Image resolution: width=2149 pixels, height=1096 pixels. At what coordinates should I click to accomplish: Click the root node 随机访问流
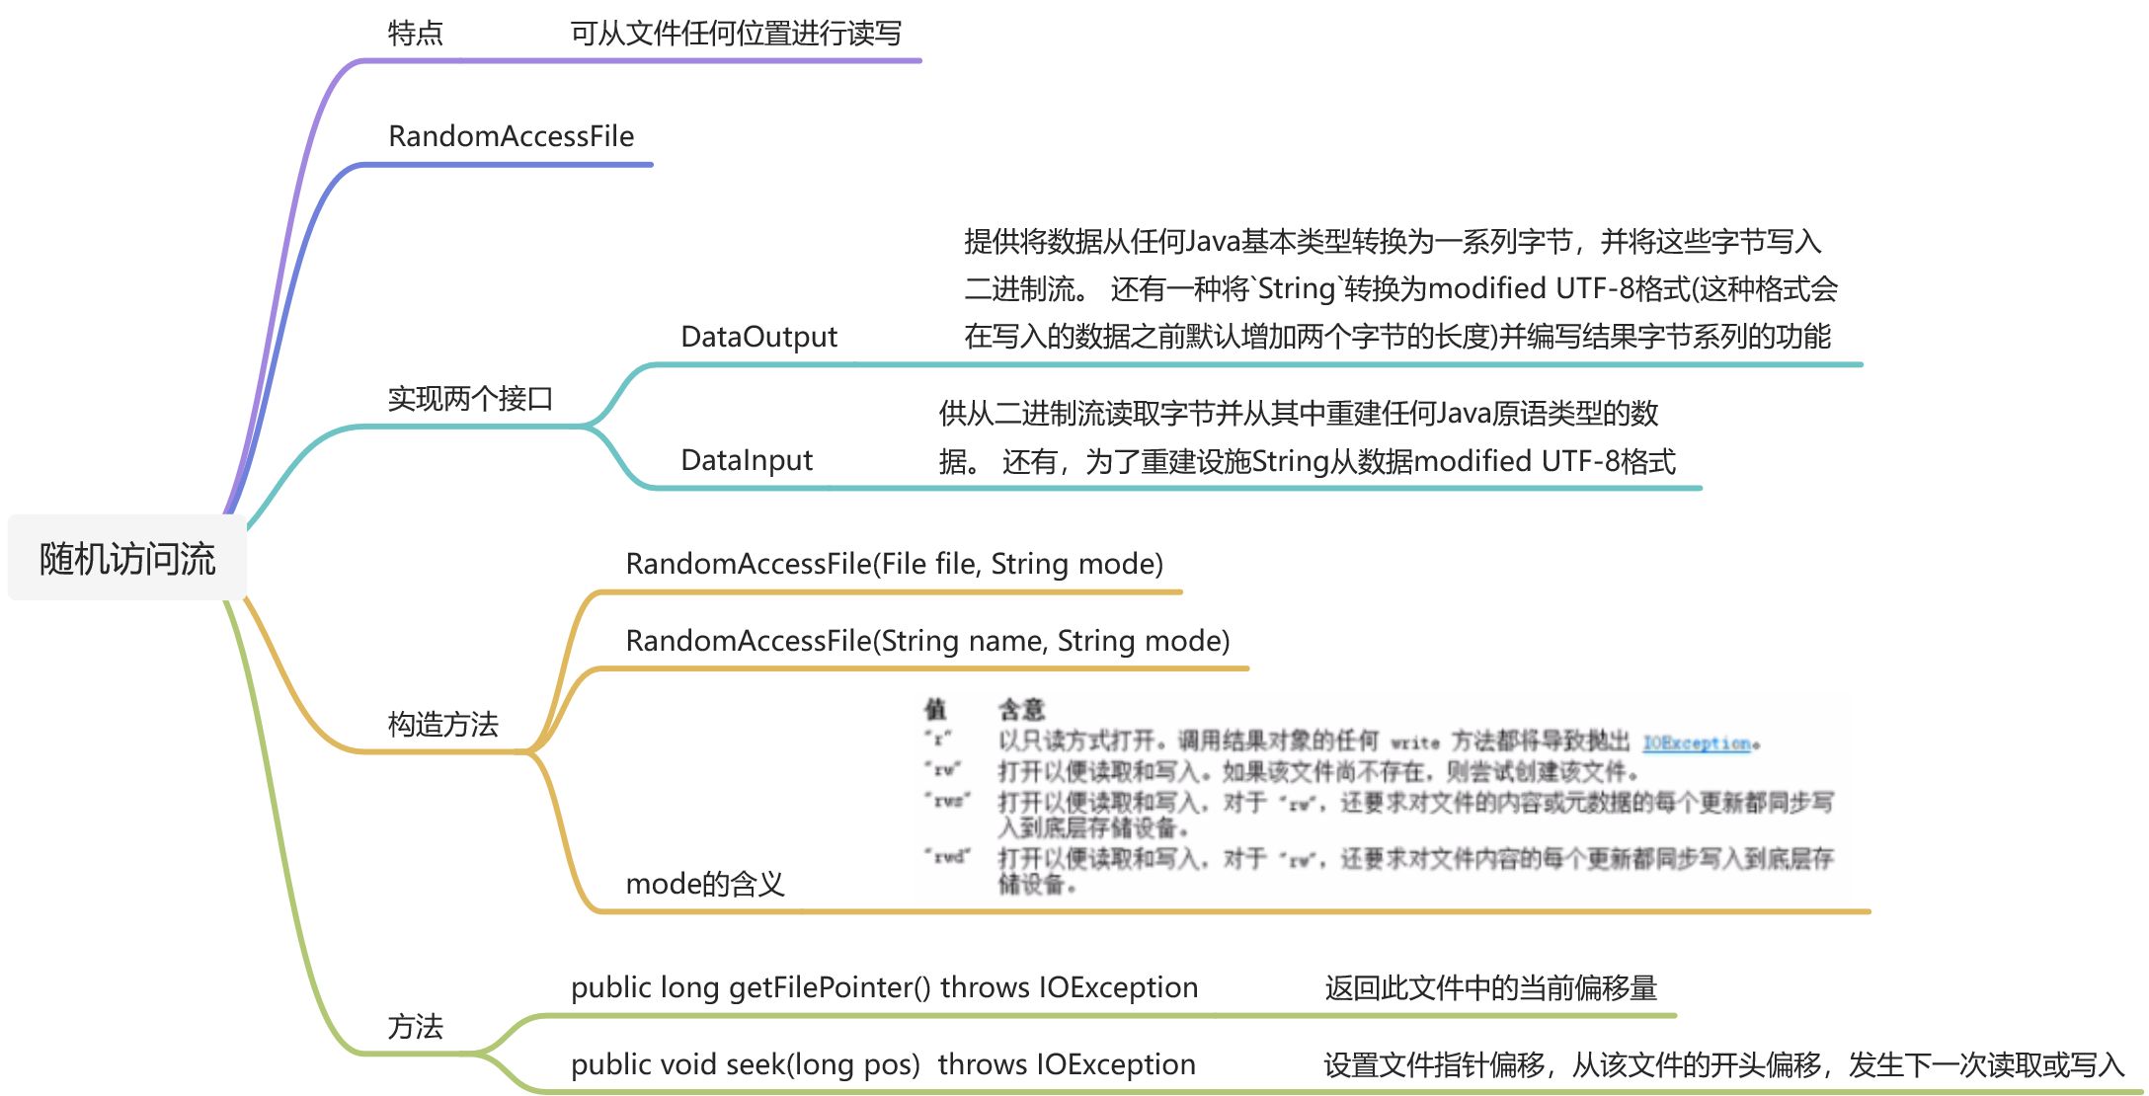(127, 559)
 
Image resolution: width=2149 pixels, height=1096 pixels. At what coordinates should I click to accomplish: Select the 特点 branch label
(415, 34)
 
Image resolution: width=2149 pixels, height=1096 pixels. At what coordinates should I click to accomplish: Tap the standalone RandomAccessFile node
(511, 136)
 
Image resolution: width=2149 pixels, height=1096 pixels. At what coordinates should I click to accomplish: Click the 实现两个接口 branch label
(469, 399)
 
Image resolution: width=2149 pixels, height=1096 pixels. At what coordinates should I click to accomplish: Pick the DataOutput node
(758, 337)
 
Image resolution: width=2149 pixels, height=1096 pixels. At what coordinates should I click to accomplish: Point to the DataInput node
(747, 460)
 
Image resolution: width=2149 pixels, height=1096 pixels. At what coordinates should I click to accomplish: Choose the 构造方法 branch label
(442, 725)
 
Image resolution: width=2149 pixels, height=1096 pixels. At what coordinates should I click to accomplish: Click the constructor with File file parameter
(894, 564)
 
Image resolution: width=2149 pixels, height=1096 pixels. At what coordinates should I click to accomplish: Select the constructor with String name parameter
(927, 641)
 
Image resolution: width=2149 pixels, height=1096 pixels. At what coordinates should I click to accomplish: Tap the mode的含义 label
(705, 884)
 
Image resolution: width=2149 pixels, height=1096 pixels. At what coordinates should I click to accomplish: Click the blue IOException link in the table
(1697, 743)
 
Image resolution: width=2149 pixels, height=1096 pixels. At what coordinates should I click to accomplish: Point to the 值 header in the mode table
(934, 709)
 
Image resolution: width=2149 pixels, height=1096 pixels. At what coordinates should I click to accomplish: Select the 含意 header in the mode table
(1021, 709)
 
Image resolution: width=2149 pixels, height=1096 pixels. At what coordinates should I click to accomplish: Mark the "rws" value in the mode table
(948, 800)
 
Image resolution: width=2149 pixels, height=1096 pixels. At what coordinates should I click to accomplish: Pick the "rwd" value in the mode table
(948, 856)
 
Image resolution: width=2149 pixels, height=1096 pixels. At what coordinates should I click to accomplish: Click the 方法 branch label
(415, 1027)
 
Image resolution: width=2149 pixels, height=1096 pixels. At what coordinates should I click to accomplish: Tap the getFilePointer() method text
(884, 987)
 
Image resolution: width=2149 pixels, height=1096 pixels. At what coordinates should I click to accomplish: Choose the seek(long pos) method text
(883, 1064)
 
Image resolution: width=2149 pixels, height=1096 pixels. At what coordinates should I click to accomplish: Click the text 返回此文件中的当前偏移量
(1490, 987)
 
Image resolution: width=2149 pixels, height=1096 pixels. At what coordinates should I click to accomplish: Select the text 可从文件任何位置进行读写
(736, 34)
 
